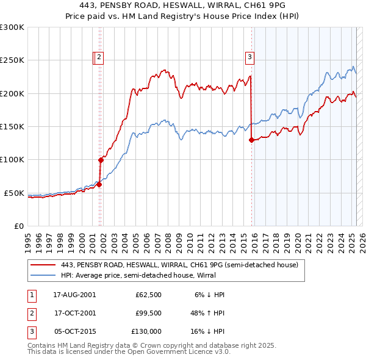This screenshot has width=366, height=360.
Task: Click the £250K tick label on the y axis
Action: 12,60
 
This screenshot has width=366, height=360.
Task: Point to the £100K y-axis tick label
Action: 12,160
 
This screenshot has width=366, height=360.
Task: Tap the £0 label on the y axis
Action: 19,226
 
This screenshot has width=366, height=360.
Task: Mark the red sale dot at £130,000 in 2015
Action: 251,140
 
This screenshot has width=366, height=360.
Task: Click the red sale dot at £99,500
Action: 101,160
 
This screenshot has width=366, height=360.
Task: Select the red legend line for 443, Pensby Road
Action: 42,265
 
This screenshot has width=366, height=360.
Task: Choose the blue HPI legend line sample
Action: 42,275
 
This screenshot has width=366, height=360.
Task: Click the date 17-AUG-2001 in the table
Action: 74,295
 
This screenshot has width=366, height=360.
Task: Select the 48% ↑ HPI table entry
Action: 208,313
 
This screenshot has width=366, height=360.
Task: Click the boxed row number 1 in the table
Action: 30,295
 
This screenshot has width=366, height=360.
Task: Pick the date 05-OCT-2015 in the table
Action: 74,331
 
